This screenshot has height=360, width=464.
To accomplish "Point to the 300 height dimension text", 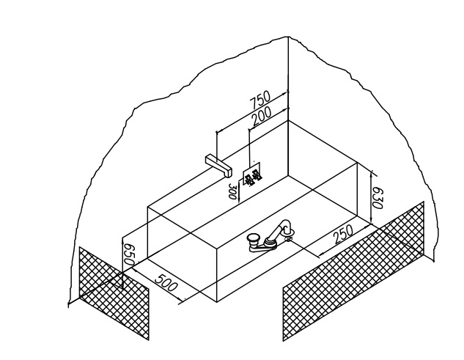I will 232,193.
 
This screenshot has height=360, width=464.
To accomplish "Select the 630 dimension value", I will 378,196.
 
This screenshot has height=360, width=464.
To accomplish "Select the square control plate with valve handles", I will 253,176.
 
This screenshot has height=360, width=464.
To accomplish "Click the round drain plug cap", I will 253,238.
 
